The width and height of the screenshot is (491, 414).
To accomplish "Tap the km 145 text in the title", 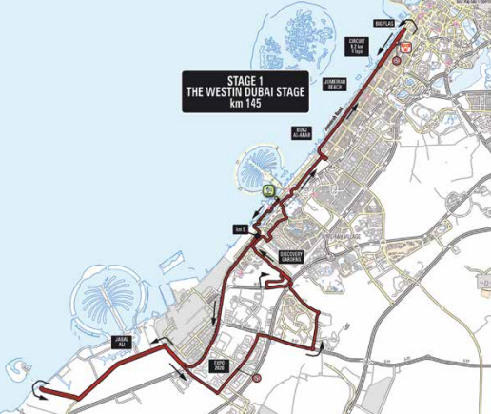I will click(x=245, y=104).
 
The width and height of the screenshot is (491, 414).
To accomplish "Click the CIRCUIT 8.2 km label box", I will click(x=358, y=46).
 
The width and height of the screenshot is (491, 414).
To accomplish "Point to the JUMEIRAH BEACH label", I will click(x=334, y=84).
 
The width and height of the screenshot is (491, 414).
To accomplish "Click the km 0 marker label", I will click(x=240, y=228).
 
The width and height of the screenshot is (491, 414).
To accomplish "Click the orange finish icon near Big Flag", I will click(x=404, y=45).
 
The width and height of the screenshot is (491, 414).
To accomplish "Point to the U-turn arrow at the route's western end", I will click(x=40, y=386).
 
